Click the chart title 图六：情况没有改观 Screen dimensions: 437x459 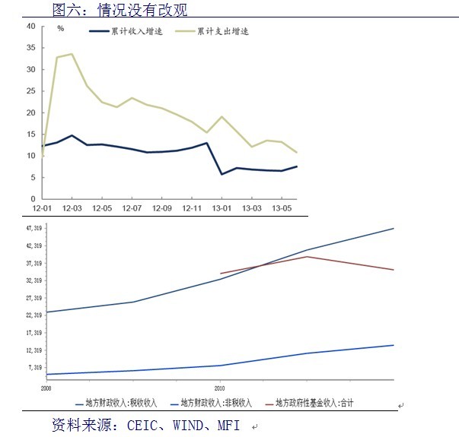(x=120, y=9)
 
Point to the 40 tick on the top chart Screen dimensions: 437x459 (x=31, y=26)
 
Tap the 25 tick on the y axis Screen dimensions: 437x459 (x=31, y=91)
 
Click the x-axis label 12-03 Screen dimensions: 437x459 (x=72, y=207)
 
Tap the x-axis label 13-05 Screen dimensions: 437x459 (x=282, y=207)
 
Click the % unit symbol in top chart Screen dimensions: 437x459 (x=61, y=28)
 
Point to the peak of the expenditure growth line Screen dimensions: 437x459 (x=72, y=54)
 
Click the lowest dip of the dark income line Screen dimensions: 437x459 (x=222, y=174)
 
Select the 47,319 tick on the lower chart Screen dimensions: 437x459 (x=34, y=228)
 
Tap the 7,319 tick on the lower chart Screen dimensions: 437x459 (x=36, y=368)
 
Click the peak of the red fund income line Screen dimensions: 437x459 (x=306, y=256)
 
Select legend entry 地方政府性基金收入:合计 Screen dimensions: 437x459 (x=314, y=403)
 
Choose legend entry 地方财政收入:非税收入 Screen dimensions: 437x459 (x=218, y=403)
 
